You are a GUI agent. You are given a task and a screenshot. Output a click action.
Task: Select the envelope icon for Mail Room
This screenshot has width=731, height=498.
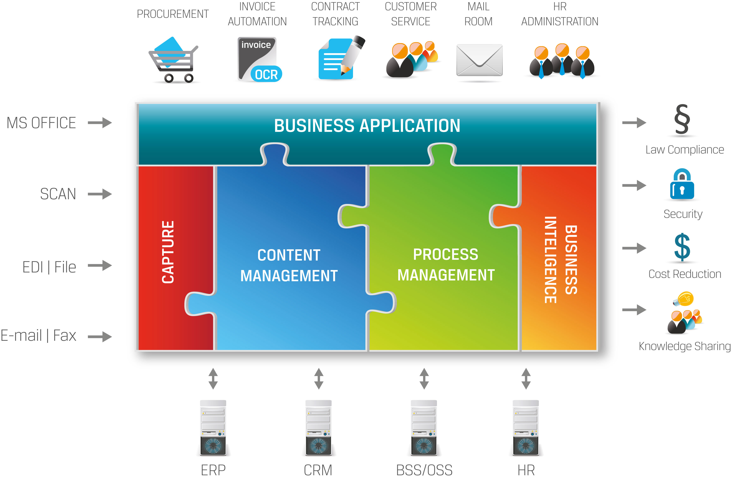(479, 60)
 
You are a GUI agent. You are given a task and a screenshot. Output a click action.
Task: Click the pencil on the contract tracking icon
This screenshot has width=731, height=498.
(354, 54)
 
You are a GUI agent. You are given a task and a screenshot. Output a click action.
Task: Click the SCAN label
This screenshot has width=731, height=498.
(58, 194)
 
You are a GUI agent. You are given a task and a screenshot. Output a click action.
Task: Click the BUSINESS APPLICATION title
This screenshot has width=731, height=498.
(367, 126)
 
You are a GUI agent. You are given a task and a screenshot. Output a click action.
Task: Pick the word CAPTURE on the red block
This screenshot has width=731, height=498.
(168, 252)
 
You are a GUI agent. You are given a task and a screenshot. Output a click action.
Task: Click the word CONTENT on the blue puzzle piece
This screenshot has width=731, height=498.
(289, 255)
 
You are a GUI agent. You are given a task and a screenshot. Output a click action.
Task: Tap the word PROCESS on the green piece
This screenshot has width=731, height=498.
(445, 254)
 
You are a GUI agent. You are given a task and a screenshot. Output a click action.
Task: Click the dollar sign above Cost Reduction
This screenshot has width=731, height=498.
(682, 247)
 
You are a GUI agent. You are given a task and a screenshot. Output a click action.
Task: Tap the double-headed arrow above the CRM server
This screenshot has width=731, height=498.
(319, 378)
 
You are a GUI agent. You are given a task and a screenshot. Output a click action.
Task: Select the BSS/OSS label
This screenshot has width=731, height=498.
(424, 470)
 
